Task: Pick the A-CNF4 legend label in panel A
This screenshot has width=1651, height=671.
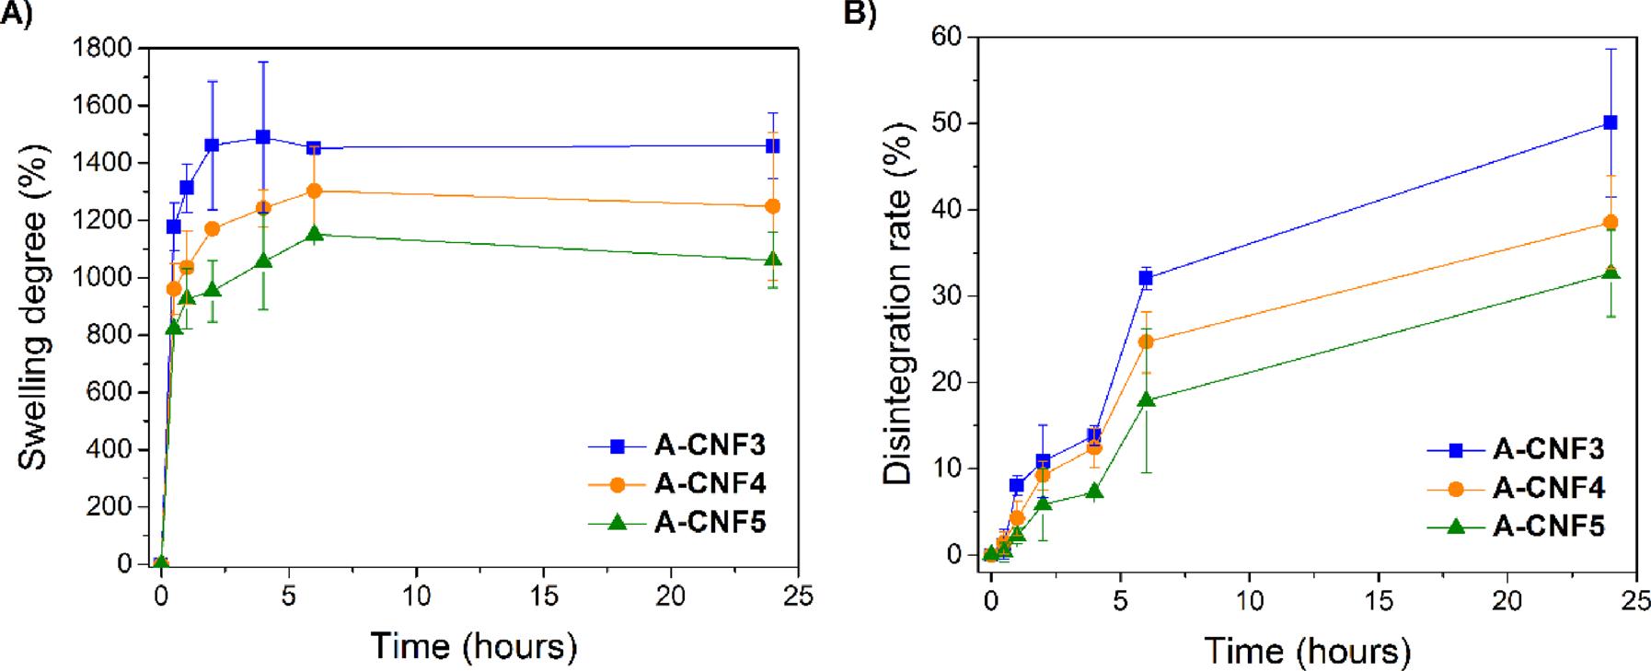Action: (x=710, y=484)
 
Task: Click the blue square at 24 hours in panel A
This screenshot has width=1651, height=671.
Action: (x=773, y=145)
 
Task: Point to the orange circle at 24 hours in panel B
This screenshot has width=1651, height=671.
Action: (x=1611, y=222)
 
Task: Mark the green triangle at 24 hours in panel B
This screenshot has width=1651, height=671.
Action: (x=1611, y=272)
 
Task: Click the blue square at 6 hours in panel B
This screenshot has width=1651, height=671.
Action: (x=1146, y=278)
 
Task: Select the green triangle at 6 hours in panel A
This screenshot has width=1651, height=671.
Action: (x=314, y=234)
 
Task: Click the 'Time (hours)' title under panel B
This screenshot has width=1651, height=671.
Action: (x=1308, y=652)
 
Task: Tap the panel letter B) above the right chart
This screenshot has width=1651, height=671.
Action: (x=860, y=14)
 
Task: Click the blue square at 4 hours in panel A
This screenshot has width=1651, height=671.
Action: (x=263, y=137)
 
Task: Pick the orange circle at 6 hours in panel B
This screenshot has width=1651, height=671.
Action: (x=1146, y=341)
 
